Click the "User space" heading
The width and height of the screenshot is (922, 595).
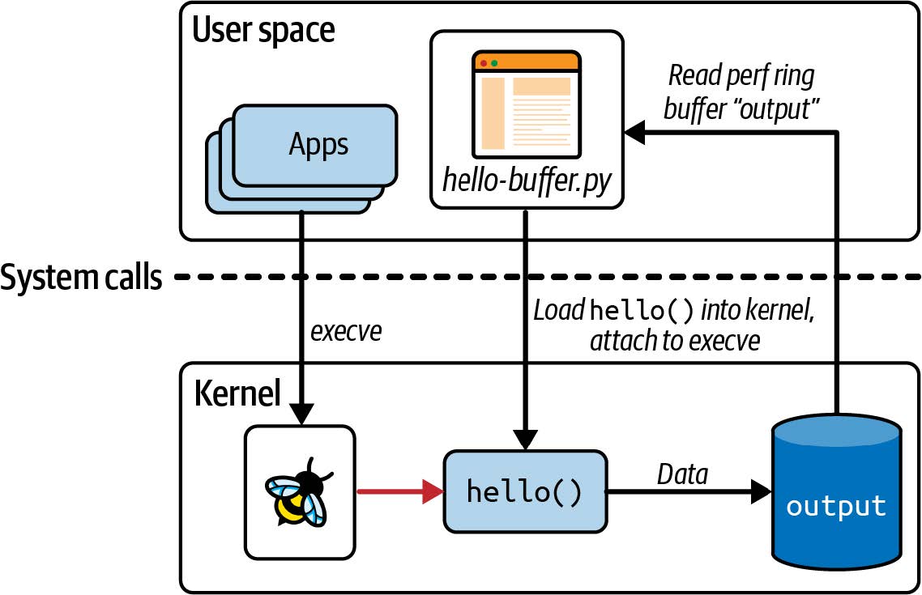[x=263, y=31]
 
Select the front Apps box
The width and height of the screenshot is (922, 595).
[x=316, y=145]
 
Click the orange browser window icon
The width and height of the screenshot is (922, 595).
[x=527, y=104]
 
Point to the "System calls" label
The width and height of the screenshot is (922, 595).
[x=81, y=278]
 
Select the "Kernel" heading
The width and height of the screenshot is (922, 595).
[x=237, y=393]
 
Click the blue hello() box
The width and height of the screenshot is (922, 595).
[x=525, y=491]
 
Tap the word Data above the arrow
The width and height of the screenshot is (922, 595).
[x=681, y=474]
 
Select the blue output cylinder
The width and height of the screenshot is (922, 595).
[x=835, y=493]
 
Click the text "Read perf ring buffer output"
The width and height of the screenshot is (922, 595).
[x=741, y=93]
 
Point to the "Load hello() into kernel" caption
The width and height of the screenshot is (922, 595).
[x=672, y=312]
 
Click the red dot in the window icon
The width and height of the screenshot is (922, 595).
[x=484, y=62]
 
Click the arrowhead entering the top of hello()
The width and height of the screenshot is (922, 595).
[x=525, y=441]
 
